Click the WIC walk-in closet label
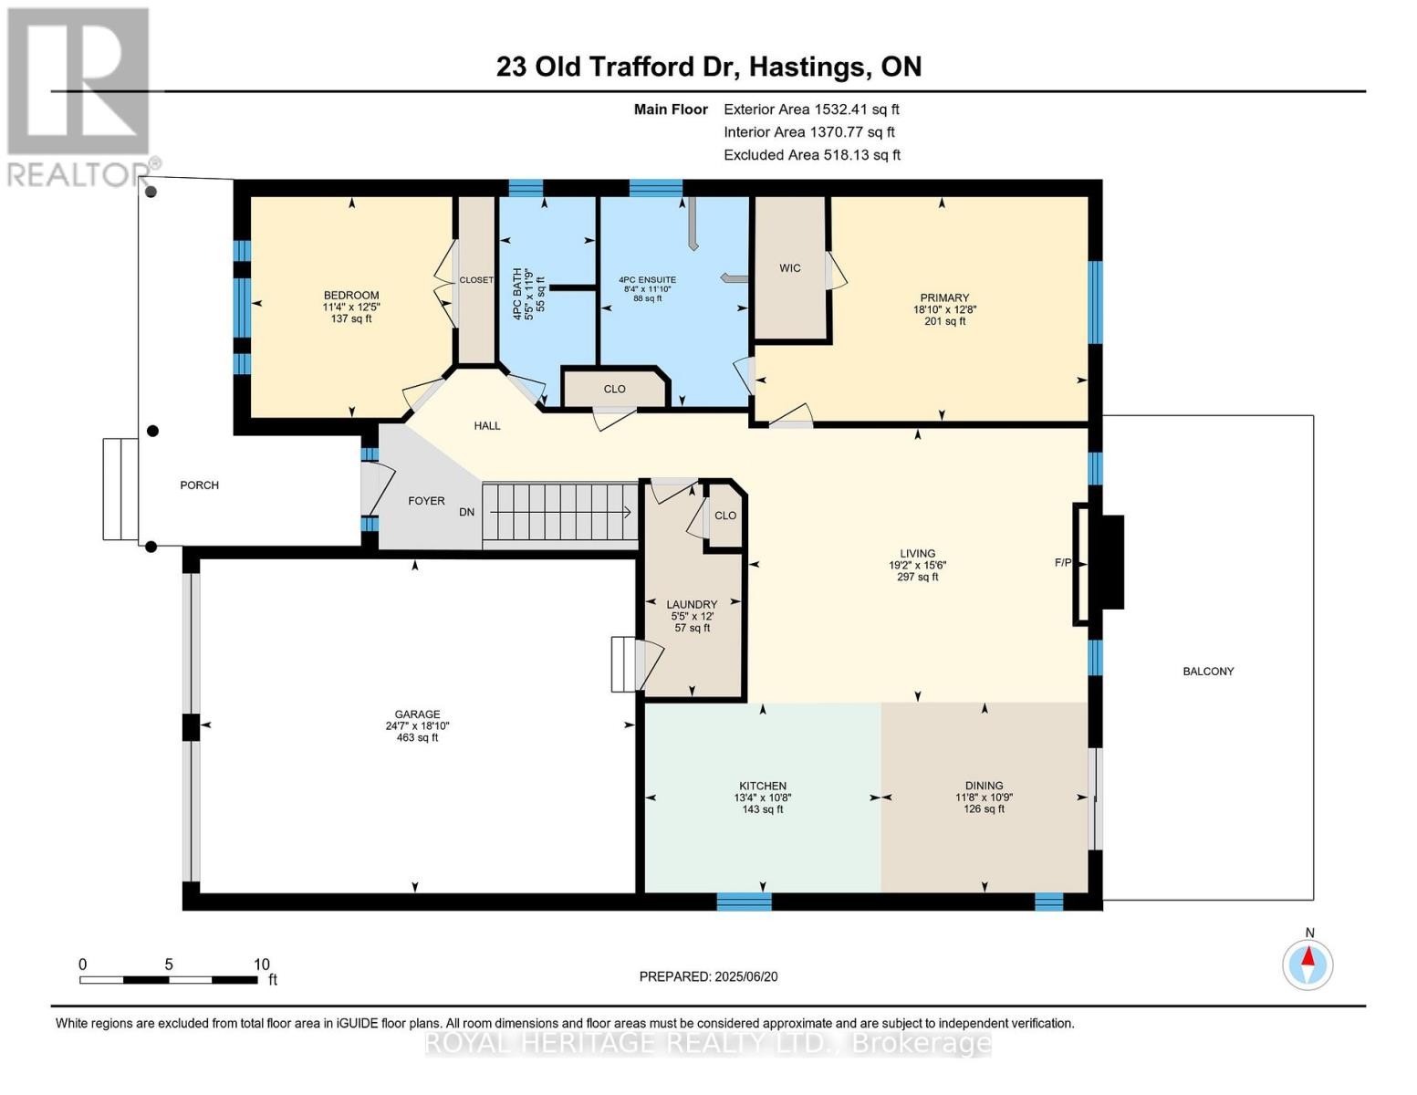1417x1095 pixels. (x=789, y=268)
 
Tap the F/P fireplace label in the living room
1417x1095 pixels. (x=1062, y=563)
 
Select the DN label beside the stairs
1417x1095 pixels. (x=466, y=513)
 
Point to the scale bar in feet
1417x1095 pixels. (x=169, y=980)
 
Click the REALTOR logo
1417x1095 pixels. (x=78, y=97)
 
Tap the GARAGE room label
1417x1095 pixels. (x=417, y=714)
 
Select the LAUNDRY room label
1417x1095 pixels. (x=692, y=604)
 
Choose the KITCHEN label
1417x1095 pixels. (x=762, y=786)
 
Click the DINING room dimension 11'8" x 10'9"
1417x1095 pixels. (x=984, y=798)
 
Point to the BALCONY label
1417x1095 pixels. (x=1208, y=672)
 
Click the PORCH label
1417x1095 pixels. (x=199, y=485)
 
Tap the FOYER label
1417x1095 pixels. (x=426, y=501)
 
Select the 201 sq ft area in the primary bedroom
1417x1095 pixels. (x=944, y=321)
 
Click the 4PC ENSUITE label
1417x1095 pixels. (x=647, y=280)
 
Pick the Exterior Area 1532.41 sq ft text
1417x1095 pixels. (x=811, y=109)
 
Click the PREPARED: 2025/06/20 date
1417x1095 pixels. (x=708, y=976)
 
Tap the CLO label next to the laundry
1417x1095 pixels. (x=725, y=516)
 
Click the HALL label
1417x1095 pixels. (x=487, y=426)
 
